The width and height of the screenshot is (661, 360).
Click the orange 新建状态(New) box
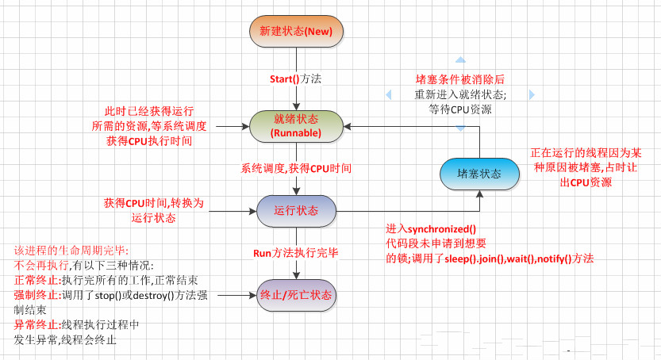[296, 32]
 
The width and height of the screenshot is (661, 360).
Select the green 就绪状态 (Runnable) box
[296, 125]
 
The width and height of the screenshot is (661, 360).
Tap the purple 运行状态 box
[296, 211]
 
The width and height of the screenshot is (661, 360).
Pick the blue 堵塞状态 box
[479, 173]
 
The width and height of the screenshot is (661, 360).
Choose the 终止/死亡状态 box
[296, 295]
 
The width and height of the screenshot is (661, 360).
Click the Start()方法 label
[296, 79]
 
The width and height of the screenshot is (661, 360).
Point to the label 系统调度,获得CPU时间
[296, 169]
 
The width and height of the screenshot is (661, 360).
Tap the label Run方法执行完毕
[296, 254]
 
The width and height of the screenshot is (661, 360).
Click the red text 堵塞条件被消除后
[460, 79]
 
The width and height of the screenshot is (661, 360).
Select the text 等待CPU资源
[460, 109]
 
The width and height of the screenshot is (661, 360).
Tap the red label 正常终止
[33, 280]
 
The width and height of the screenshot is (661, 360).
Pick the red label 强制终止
[33, 295]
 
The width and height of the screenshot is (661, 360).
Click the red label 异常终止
[33, 325]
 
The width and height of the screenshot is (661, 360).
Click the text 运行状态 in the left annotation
[153, 218]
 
